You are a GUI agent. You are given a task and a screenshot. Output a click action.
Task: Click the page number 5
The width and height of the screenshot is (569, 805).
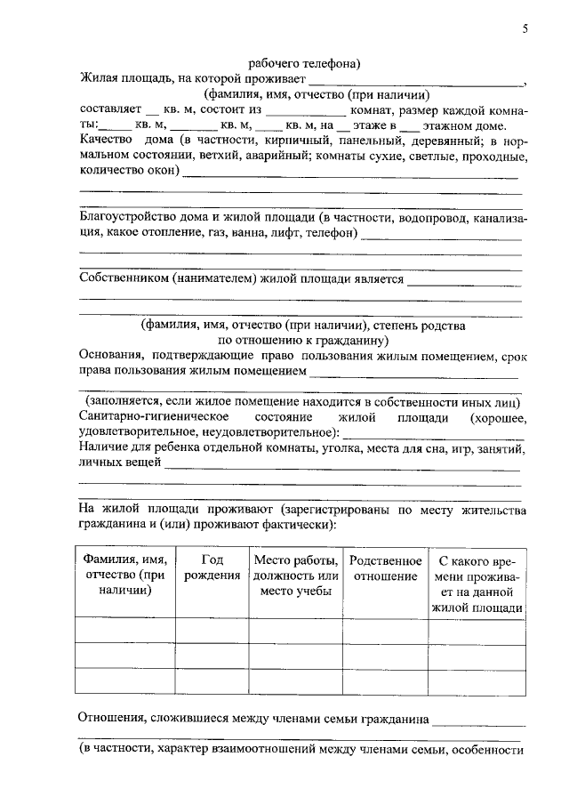525,29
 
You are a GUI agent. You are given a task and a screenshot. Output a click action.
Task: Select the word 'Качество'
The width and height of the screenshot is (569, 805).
106,141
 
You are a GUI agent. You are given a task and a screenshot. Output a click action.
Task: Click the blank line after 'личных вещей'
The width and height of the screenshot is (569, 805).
343,464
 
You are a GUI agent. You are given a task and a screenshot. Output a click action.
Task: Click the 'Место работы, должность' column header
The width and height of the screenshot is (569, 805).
295,576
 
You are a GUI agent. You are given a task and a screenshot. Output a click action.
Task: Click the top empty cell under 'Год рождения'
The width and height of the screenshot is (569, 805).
212,629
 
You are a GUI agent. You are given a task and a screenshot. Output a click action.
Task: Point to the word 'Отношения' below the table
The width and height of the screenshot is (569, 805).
112,717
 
